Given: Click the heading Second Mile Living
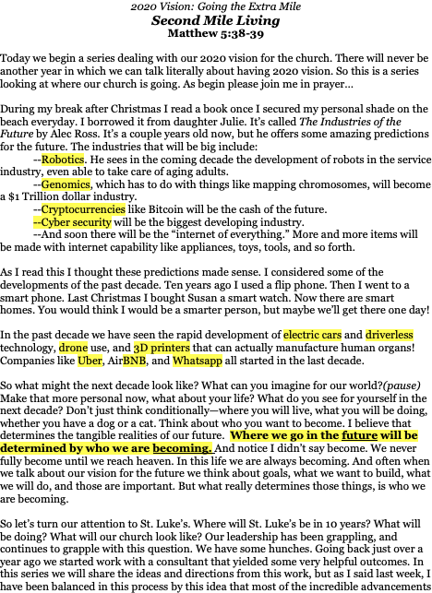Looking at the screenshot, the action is point(215,20).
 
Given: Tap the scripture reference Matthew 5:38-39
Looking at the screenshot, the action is point(215,33).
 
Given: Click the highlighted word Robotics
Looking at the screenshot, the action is point(63,160).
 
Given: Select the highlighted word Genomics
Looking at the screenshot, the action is point(66,184).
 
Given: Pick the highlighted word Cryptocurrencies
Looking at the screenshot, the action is point(83,209).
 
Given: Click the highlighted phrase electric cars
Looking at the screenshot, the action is point(312,335).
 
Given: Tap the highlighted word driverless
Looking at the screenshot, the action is point(390,335).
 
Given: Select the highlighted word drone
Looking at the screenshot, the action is point(73,347).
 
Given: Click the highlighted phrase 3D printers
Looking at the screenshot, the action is point(162,347).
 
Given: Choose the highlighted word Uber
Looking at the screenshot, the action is point(90,361).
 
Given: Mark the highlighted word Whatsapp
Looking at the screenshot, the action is point(198,361).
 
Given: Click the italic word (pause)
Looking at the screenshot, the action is point(402,385).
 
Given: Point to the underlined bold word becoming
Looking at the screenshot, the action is point(182,448).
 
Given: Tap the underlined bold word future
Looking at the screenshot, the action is point(359,435).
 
